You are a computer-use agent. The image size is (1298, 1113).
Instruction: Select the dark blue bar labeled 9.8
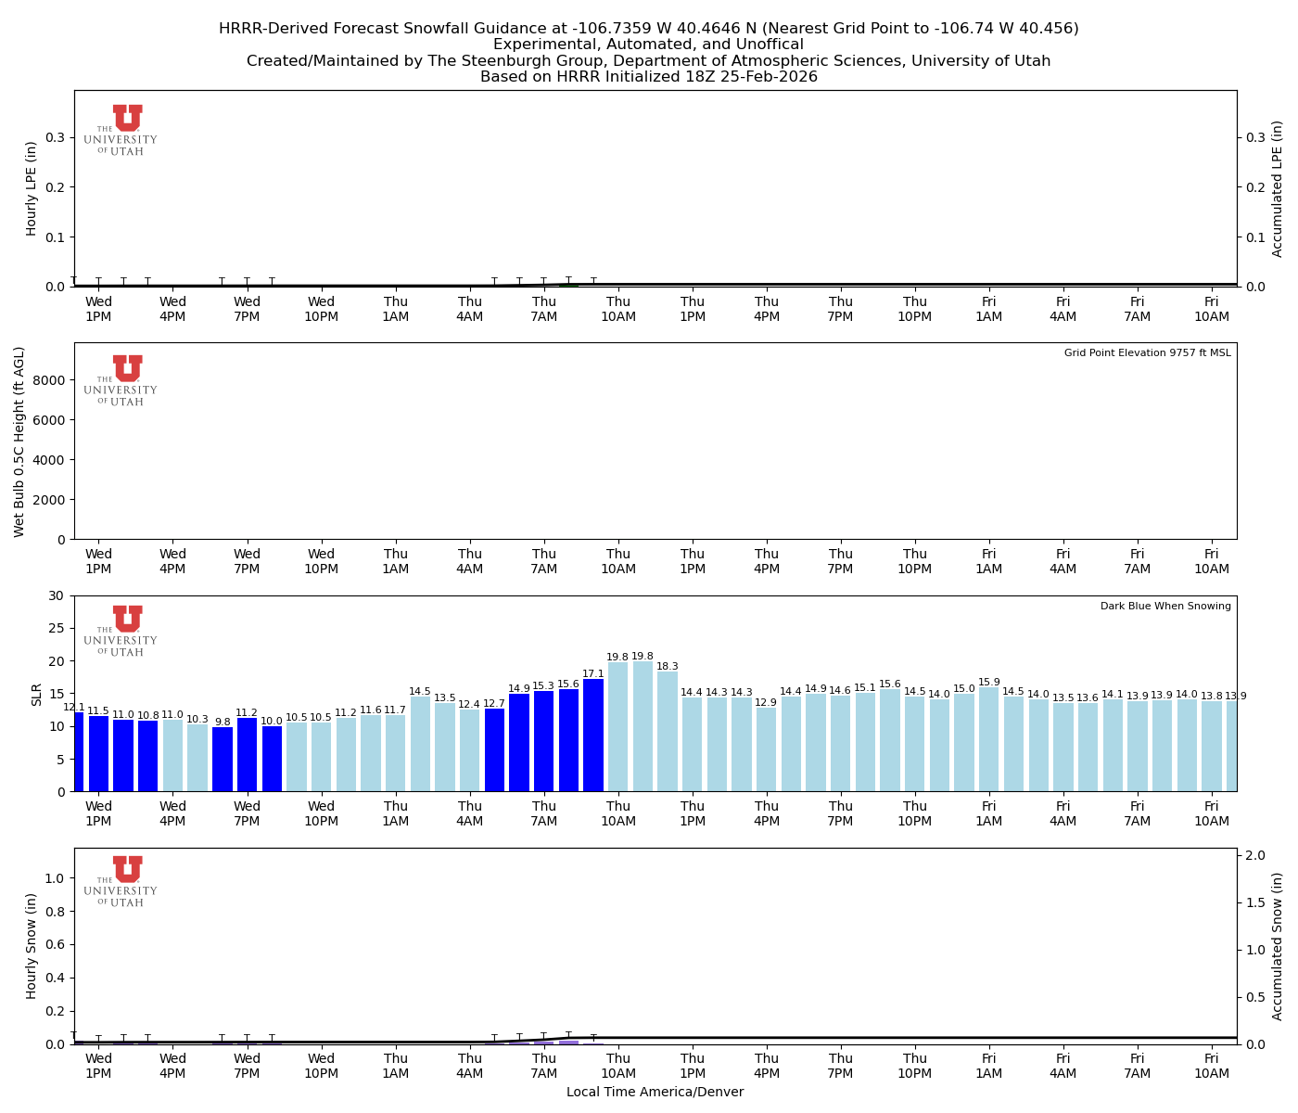tap(223, 760)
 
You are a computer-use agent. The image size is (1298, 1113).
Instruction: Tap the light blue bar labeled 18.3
tap(668, 732)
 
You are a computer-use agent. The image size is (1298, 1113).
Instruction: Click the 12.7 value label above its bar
tap(494, 704)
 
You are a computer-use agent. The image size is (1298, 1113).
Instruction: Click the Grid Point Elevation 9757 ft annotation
tap(1147, 353)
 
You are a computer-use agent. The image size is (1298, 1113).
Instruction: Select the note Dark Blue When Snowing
tap(1165, 607)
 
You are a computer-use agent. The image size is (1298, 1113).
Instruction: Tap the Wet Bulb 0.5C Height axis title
tap(19, 441)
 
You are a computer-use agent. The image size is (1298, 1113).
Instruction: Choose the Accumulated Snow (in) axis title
tap(1278, 946)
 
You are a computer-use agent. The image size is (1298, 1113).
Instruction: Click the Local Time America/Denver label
tap(655, 1093)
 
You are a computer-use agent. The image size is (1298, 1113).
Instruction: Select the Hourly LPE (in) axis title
tap(32, 188)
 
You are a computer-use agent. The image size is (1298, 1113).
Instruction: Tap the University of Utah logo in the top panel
tap(121, 131)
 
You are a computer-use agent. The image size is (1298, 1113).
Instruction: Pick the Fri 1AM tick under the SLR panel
tap(988, 813)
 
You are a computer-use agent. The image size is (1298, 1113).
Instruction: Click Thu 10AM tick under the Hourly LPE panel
tap(618, 309)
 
